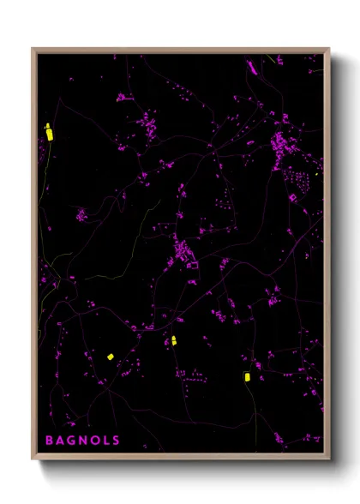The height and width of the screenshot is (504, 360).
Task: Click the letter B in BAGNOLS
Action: click(x=51, y=441)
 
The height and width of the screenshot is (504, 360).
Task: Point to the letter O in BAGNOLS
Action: click(x=95, y=441)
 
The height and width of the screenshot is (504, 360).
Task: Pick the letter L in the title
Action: click(x=106, y=441)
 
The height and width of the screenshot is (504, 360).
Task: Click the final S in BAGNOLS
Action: click(x=116, y=441)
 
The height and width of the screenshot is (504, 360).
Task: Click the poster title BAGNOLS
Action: click(x=83, y=441)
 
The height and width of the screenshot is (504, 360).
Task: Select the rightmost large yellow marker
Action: click(x=246, y=376)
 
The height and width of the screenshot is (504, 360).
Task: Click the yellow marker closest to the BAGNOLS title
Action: click(x=110, y=357)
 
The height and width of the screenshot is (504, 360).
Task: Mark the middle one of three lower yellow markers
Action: click(x=173, y=340)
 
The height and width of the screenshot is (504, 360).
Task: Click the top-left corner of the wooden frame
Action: click(x=33, y=49)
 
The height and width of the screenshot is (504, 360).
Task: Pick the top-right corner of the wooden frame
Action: click(x=328, y=49)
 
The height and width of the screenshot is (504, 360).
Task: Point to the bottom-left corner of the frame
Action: click(x=33, y=459)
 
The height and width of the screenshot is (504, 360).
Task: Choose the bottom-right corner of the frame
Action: click(x=328, y=459)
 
